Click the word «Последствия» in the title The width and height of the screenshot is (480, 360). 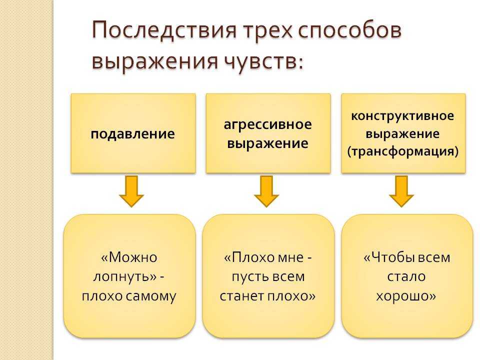point(164,30)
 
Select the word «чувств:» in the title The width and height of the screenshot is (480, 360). point(263,60)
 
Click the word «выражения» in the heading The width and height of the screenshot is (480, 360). point(155,61)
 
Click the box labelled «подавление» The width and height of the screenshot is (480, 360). point(133,133)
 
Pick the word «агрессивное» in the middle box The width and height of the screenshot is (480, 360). point(268,124)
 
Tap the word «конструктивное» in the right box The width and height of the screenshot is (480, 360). point(402,116)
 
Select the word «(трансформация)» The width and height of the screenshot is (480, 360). point(403,151)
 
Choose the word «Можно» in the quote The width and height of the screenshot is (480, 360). point(133,257)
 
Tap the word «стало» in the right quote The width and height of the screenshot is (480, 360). point(406,277)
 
